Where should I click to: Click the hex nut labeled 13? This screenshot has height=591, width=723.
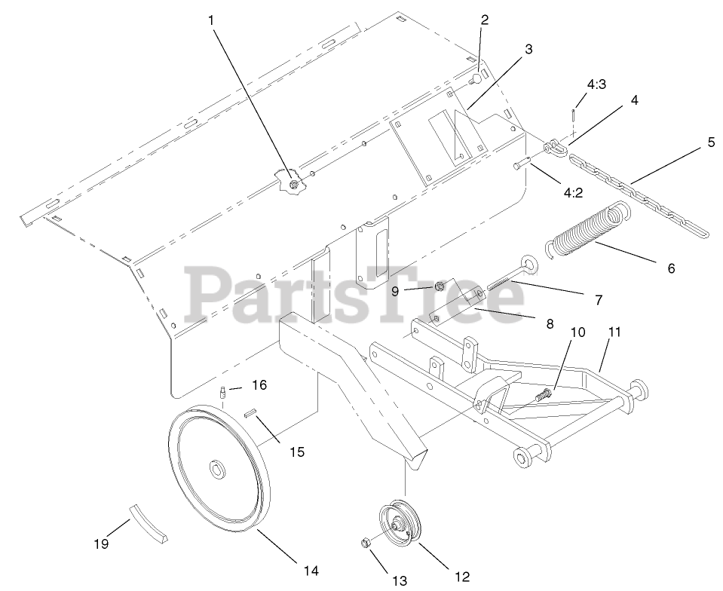click(x=364, y=542)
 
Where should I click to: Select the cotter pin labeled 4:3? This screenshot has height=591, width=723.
click(x=574, y=115)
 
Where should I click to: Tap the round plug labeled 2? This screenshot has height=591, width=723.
click(x=476, y=79)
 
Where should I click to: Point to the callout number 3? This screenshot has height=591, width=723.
click(x=528, y=50)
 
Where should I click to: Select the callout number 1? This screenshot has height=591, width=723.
click(x=212, y=20)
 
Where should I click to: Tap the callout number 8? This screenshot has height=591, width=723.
click(x=550, y=324)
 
